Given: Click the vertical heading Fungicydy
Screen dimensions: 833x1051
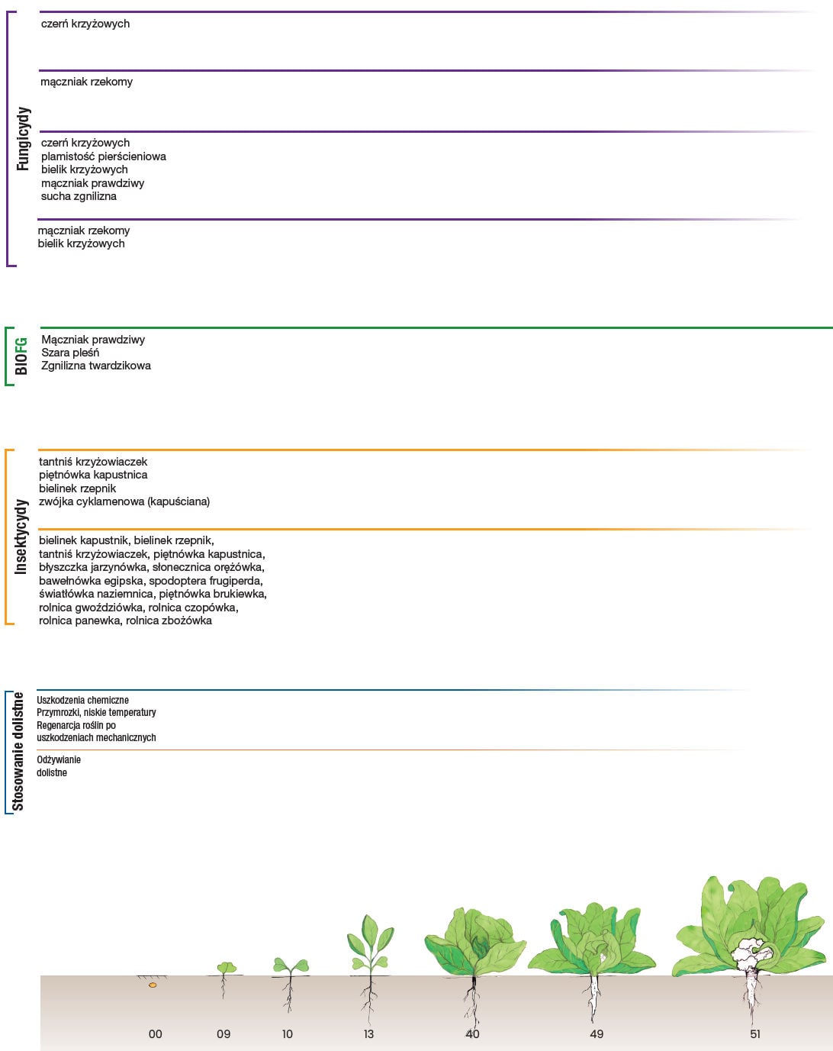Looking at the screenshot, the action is point(23,139).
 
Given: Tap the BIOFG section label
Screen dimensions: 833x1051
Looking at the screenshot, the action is point(21,356).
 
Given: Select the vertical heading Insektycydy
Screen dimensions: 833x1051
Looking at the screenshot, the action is point(21,537).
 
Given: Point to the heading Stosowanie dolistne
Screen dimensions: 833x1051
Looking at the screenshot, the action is point(18,752).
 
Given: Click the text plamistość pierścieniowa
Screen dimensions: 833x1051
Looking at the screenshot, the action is point(104,156).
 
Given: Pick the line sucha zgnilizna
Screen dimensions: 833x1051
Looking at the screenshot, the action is point(79,196).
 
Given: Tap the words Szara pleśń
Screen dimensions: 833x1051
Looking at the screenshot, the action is point(70,353).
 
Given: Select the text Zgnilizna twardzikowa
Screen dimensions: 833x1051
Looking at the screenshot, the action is point(96,366).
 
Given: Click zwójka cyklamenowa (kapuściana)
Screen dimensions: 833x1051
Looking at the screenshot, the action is point(124,501).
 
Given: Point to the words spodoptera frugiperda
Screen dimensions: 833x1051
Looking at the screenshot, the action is point(206,581).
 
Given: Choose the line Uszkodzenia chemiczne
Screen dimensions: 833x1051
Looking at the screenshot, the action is point(83,700).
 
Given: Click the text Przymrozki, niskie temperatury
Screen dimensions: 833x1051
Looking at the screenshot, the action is point(97,713).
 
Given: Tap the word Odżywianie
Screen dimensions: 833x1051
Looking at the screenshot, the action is point(59,759).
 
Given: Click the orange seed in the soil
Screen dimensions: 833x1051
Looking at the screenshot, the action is point(153,985).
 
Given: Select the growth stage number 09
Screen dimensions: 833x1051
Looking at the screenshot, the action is point(224,1034).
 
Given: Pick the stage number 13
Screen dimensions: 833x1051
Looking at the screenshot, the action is point(368,1034).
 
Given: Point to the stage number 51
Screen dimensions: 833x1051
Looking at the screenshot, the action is point(755,1034).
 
